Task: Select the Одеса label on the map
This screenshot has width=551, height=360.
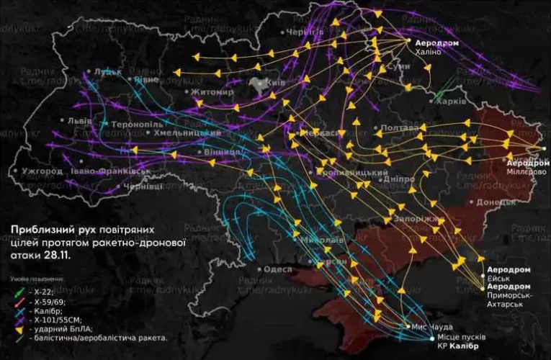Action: click(x=278, y=269)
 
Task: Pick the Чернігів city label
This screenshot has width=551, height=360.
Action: click(x=304, y=33)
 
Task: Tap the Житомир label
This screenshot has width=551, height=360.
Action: click(x=212, y=92)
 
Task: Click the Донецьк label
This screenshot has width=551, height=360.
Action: click(x=493, y=203)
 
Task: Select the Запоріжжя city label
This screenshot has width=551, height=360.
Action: click(x=409, y=218)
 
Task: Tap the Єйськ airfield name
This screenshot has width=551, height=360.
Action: click(x=499, y=279)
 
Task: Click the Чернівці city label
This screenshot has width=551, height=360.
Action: click(x=143, y=186)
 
